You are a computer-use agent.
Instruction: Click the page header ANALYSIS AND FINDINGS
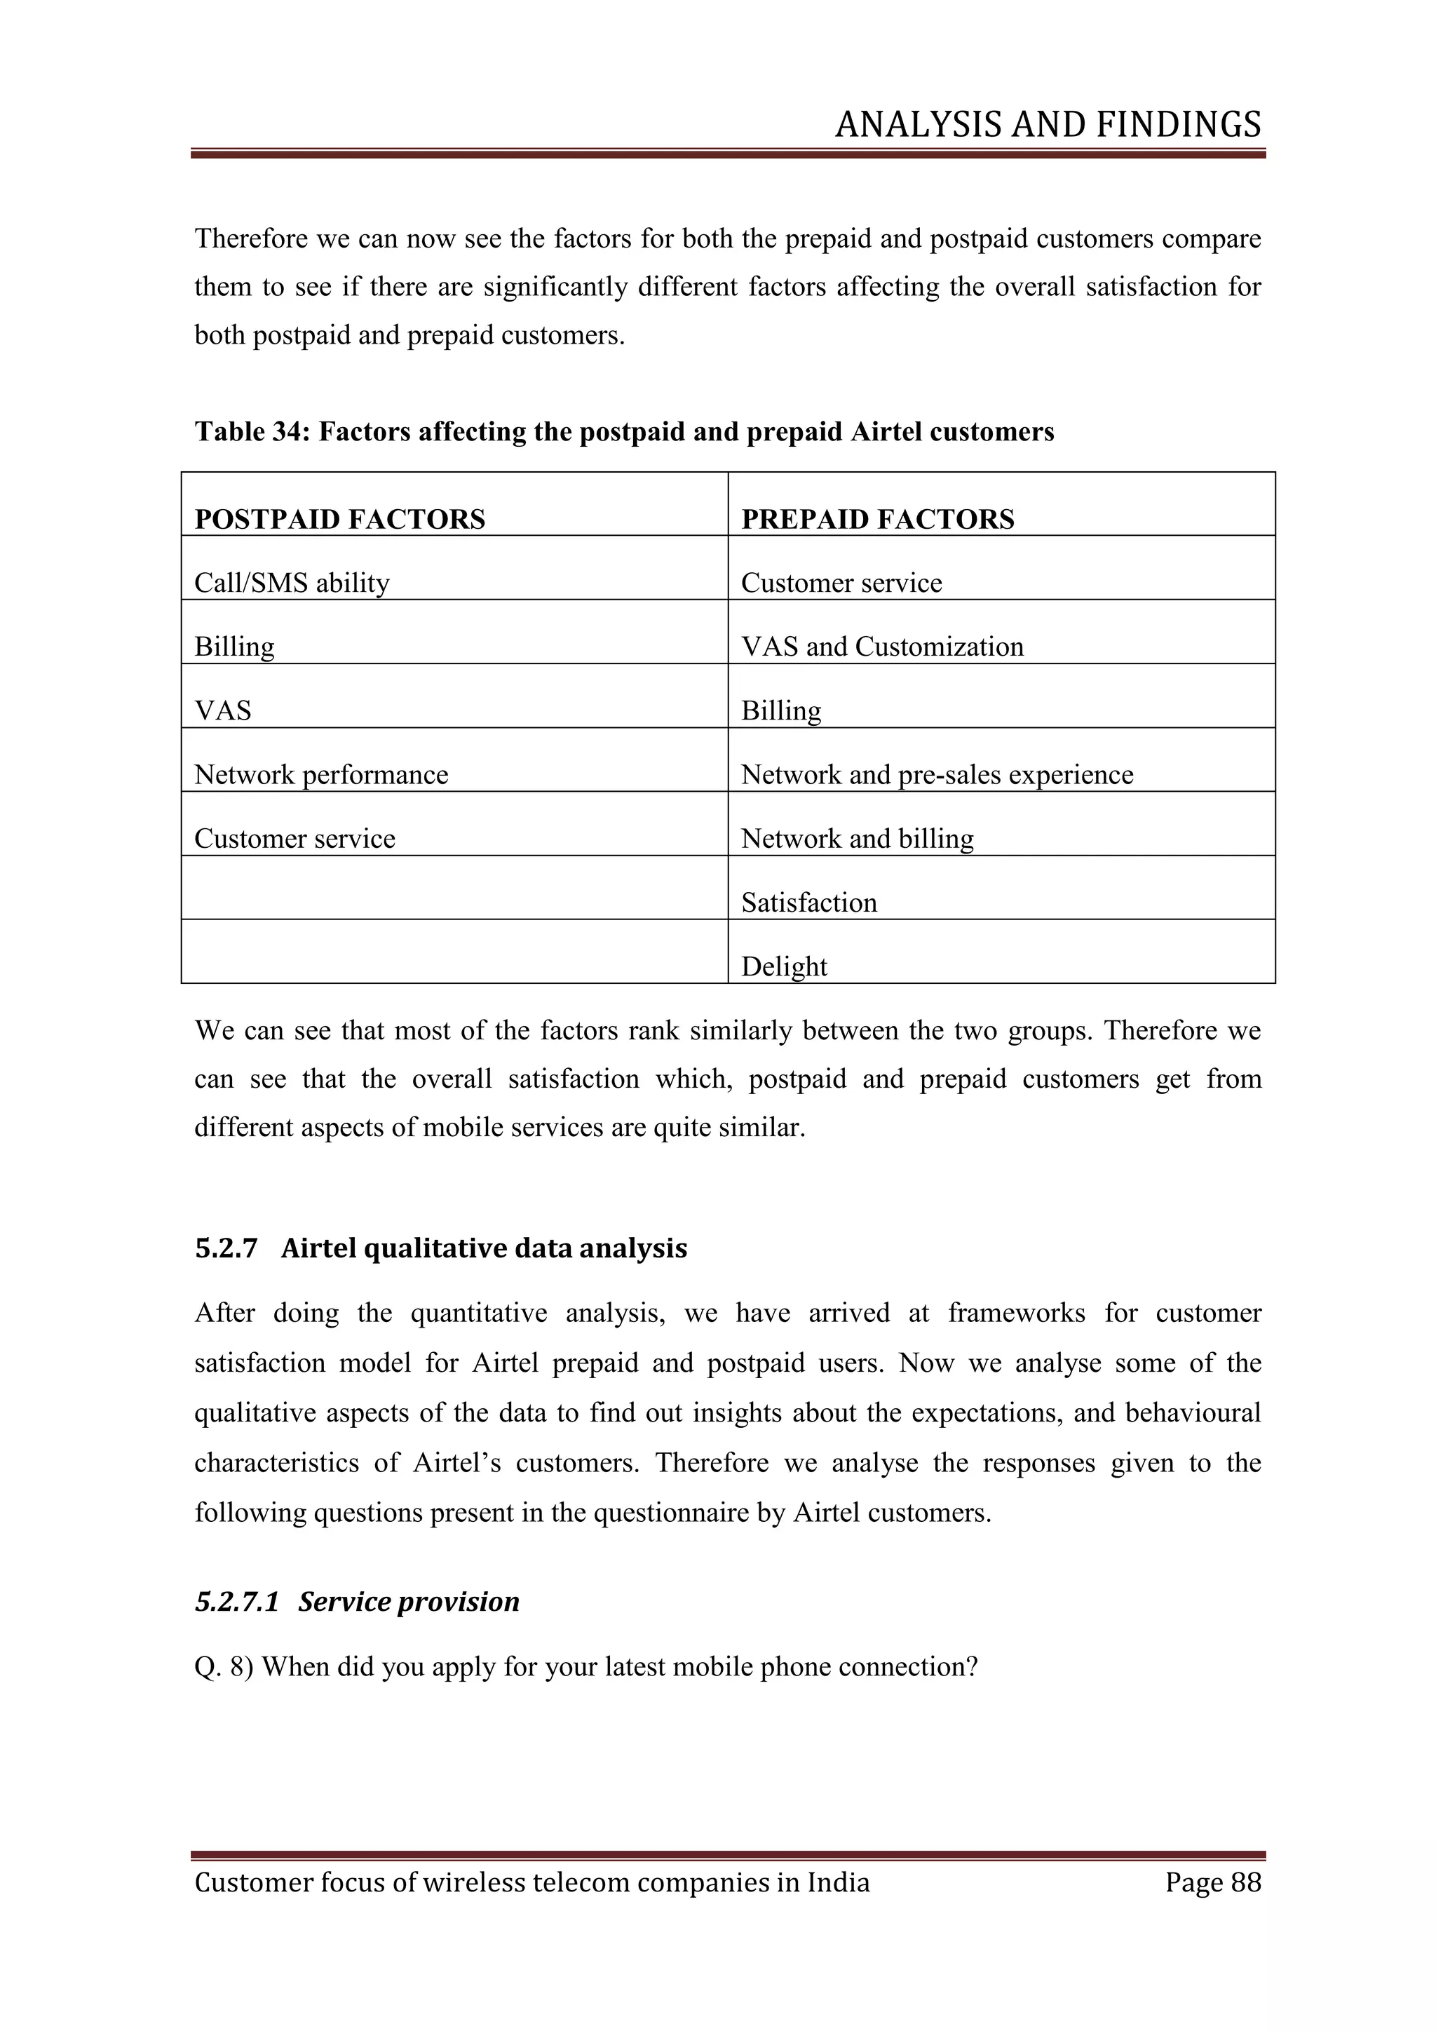(1048, 125)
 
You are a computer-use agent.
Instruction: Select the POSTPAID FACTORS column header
(339, 519)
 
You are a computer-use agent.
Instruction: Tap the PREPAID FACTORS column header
(877, 519)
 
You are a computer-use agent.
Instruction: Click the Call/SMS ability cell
(292, 583)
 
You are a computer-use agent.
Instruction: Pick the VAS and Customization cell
(881, 647)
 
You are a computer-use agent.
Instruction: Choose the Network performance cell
(321, 775)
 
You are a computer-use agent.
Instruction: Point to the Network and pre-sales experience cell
(936, 775)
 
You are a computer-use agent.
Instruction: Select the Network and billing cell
(857, 839)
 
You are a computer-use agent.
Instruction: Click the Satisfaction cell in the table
(808, 903)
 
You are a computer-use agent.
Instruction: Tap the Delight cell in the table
(783, 966)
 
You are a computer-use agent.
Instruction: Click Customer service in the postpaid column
(294, 839)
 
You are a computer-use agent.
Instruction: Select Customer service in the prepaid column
(841, 583)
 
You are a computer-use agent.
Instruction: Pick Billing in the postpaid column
(234, 647)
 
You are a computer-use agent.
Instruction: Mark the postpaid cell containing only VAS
(223, 710)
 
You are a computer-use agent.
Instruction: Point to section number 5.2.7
(226, 1248)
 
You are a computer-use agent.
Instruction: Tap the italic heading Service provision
(409, 1601)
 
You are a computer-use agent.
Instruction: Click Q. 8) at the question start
(224, 1666)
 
